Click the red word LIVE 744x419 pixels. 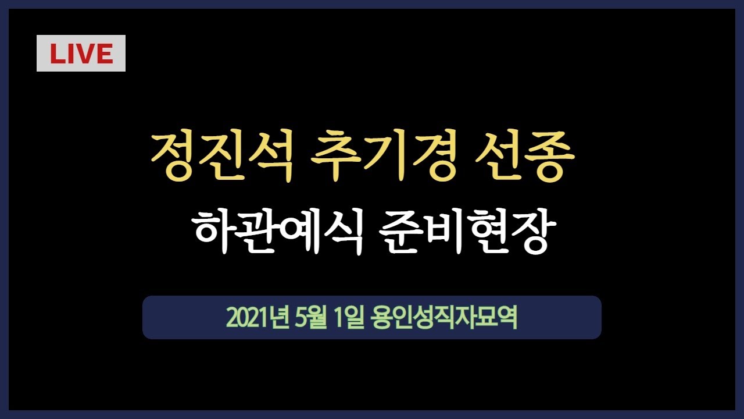pos(81,54)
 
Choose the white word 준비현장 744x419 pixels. pos(466,231)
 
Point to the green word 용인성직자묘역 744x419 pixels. pos(443,318)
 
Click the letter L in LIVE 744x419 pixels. pos(56,54)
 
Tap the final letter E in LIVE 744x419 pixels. pos(104,54)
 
